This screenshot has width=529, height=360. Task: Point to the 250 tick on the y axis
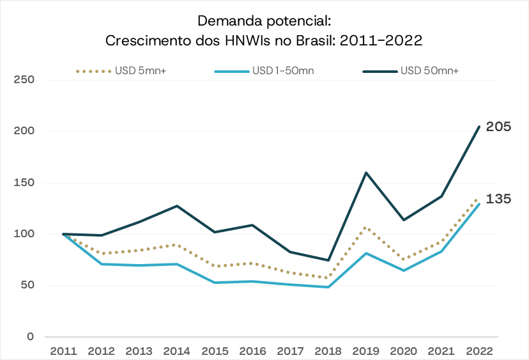click(x=23, y=80)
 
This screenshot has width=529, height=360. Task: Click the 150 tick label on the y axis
click(x=23, y=183)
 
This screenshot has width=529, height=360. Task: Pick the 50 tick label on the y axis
click(x=26, y=286)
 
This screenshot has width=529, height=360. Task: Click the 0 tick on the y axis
click(x=29, y=337)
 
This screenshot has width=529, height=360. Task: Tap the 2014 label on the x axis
click(x=176, y=350)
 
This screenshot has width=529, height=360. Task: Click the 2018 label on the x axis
click(x=328, y=350)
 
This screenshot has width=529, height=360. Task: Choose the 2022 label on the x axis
click(x=479, y=350)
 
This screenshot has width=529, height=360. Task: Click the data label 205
click(x=498, y=127)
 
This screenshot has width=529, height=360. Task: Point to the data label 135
click(x=498, y=199)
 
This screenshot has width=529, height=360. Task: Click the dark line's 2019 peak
click(x=366, y=173)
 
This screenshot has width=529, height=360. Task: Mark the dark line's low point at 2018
click(x=328, y=260)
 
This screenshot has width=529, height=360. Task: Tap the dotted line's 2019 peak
click(x=366, y=227)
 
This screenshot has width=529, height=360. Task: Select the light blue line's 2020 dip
click(x=404, y=270)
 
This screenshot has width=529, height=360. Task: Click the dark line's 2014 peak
click(x=177, y=206)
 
